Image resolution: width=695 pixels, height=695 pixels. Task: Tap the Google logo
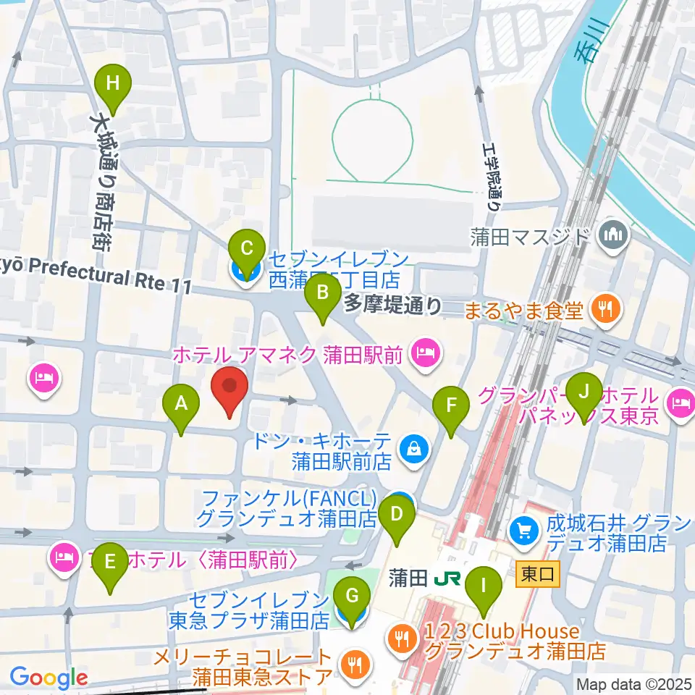(x=49, y=678)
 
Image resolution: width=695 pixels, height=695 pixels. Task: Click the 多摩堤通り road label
(x=392, y=306)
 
